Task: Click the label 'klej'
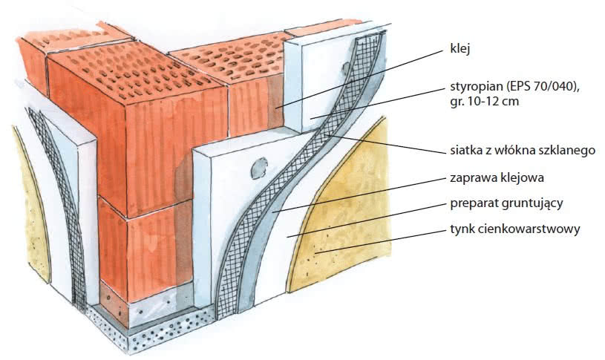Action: pos(460,50)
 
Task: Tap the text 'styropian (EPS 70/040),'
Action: pos(515,86)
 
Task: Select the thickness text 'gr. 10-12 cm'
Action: pos(484,102)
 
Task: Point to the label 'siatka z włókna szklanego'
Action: pos(523,150)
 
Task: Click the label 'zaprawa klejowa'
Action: pos(497,178)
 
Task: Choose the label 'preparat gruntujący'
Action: pos(506,203)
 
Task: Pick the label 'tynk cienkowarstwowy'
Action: pos(515,229)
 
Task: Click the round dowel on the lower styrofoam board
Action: pos(258,168)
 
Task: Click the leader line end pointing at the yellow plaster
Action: pos(316,252)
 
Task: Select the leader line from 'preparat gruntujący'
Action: pos(367,220)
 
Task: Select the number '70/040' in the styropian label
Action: pos(557,86)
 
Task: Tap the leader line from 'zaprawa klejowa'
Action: pos(359,195)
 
